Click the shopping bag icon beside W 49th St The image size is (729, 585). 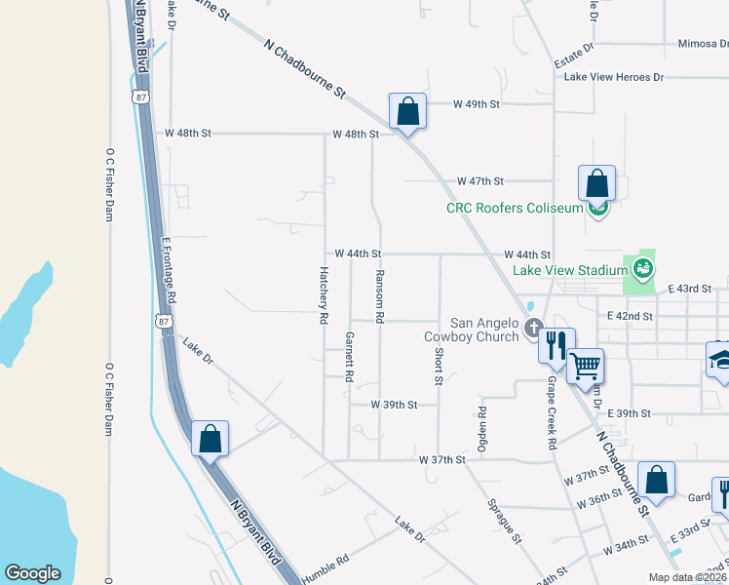point(407,111)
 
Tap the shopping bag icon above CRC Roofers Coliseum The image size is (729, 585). point(596,182)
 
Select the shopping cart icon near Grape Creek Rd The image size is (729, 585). point(585,366)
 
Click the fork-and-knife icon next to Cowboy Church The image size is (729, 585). point(556,344)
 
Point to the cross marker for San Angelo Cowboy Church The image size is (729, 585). point(532,328)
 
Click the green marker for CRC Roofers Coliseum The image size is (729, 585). point(597,207)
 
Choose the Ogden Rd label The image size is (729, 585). point(481,430)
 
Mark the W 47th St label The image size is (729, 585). point(480,181)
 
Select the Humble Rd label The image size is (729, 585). point(326,563)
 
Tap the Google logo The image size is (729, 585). point(33,572)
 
